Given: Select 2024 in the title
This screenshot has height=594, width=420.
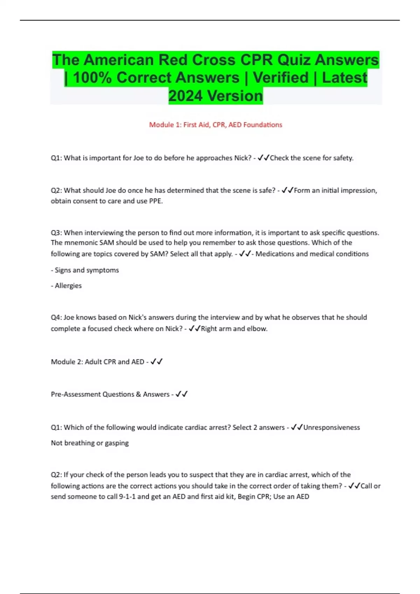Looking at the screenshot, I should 185,96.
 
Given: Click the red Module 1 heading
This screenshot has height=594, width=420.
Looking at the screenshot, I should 216,125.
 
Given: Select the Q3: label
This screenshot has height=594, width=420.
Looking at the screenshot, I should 56,233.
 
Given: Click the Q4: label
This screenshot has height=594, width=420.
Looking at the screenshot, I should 56,317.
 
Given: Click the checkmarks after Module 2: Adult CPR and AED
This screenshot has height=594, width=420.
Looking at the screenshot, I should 156,362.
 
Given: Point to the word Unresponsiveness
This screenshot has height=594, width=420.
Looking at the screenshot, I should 331,427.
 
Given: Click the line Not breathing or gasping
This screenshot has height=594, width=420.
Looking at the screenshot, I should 90,443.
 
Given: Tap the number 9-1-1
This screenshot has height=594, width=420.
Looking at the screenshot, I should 127,497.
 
